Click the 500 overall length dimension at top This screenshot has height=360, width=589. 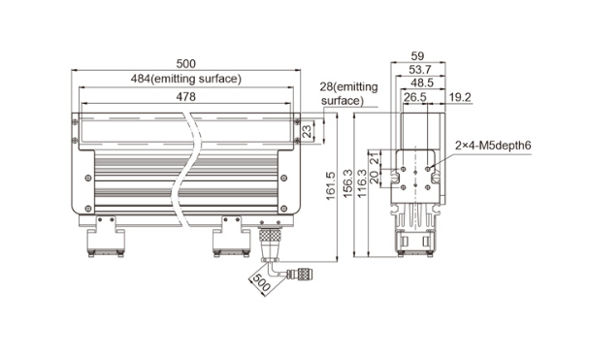click(186, 63)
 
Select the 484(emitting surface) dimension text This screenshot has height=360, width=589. click(186, 79)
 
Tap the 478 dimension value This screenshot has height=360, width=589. click(186, 97)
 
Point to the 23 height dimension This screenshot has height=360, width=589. click(307, 131)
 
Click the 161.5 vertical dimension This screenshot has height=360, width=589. click(330, 185)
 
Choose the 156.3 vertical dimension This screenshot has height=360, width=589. click(348, 183)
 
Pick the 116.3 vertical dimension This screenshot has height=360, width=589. click(362, 183)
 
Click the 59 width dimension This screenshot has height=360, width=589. click(417, 56)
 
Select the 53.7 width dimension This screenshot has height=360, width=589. click(419, 69)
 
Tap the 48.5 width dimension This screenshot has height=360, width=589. click(422, 82)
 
